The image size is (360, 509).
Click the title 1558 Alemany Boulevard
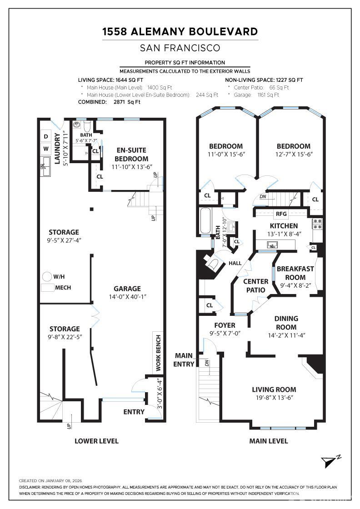tap(180, 31)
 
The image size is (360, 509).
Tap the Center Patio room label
tap(256, 286)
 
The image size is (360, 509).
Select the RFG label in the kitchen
tap(281, 214)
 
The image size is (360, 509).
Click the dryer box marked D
tap(46, 137)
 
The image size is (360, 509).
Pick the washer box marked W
tap(46, 149)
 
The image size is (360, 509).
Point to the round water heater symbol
tap(47, 277)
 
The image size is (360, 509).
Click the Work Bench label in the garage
tap(159, 353)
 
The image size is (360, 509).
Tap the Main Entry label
tap(184, 360)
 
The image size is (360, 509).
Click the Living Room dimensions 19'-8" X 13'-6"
tap(274, 398)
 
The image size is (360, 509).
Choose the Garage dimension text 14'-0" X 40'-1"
tap(127, 297)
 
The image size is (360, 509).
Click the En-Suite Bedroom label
tap(131, 155)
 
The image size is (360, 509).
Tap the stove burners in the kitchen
tap(317, 224)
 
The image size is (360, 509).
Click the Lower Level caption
tap(96, 441)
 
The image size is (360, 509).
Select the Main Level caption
tap(269, 441)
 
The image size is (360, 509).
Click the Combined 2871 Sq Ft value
tap(127, 102)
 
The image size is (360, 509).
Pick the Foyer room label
tap(225, 325)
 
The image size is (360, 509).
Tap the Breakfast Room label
tap(295, 273)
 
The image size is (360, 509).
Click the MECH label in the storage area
tap(63, 288)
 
